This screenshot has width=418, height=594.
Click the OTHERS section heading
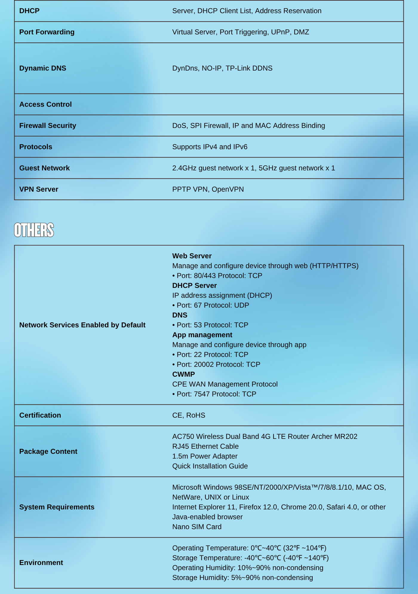point(34,230)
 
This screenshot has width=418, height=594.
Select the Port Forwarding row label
point(47,32)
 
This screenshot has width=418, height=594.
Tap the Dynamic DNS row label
point(43,68)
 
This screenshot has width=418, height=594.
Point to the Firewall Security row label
point(48,126)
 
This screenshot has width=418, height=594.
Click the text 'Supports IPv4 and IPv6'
point(210,147)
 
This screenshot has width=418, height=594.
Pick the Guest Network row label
point(44,168)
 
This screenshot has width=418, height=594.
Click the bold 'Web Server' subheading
point(192,256)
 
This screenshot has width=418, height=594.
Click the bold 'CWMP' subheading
point(183,374)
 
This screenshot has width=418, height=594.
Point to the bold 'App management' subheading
point(202,335)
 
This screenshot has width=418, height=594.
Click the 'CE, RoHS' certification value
point(189,415)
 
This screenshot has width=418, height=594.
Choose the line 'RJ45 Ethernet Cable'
point(205,446)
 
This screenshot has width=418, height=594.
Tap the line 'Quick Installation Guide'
point(210,466)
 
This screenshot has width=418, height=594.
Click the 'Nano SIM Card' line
point(197,527)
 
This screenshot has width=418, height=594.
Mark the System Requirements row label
point(57,507)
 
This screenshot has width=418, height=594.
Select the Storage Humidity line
point(242,578)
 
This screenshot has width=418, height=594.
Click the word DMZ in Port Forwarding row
point(301,32)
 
